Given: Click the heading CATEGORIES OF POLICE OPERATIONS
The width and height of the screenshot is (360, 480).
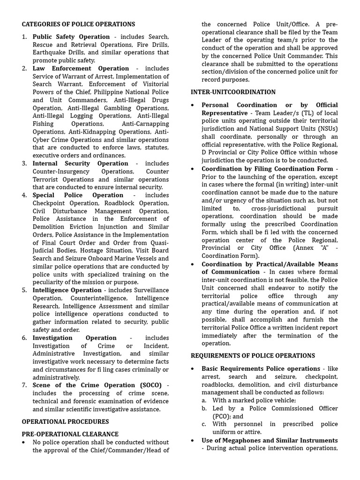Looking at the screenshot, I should tap(78, 24).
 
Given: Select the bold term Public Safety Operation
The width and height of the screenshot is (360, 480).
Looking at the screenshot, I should tap(71, 37).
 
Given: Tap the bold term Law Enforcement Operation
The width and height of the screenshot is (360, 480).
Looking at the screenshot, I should tap(81, 68).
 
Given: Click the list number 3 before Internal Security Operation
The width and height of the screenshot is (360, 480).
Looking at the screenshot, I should tap(24, 164).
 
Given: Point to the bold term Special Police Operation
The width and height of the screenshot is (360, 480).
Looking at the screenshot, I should tap(78, 195).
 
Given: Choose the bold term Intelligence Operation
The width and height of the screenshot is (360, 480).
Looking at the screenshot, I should tap(67, 290).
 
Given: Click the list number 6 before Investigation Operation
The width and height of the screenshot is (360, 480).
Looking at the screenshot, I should tap(24, 338).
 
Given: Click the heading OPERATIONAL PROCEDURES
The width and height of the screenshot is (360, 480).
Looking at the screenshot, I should tap(65, 421).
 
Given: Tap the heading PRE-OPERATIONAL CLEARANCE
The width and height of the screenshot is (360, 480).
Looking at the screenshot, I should tap(70, 434).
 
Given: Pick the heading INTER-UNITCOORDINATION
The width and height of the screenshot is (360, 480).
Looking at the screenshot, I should tap(233, 92).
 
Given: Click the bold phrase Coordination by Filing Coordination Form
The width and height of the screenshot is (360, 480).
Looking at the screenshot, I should tap(267, 169).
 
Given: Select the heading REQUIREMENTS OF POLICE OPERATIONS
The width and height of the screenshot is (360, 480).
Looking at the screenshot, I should tap(253, 356).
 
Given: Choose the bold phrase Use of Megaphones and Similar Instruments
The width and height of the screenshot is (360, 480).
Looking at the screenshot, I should tap(270, 440).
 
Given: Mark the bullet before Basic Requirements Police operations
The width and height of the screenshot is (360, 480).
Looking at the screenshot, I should tap(193, 369).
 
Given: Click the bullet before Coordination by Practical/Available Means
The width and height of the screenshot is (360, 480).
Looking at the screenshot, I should tap(193, 264).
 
